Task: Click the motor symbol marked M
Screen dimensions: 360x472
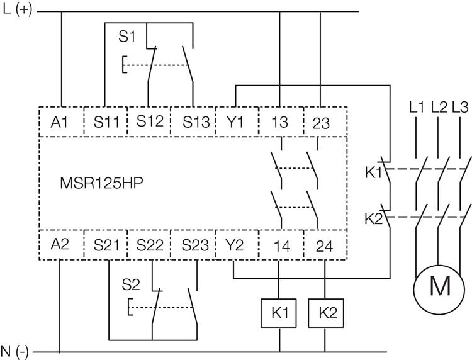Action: [440, 288]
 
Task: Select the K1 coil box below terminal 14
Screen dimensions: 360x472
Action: [278, 313]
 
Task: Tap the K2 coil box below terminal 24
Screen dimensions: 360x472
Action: [324, 313]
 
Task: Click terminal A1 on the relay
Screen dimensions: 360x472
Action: [62, 123]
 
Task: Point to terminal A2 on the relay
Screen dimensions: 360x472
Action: [62, 245]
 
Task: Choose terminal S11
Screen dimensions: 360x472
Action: [105, 123]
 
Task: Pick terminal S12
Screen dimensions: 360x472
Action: [149, 123]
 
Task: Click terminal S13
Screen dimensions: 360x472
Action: [193, 123]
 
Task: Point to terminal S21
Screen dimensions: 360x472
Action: [105, 245]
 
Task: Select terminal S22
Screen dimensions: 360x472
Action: [149, 245]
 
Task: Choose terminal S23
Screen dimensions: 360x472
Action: [193, 245]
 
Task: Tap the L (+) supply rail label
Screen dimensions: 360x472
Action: [18, 11]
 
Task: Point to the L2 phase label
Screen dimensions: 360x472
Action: [439, 107]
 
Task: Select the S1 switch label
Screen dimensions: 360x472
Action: [128, 37]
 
